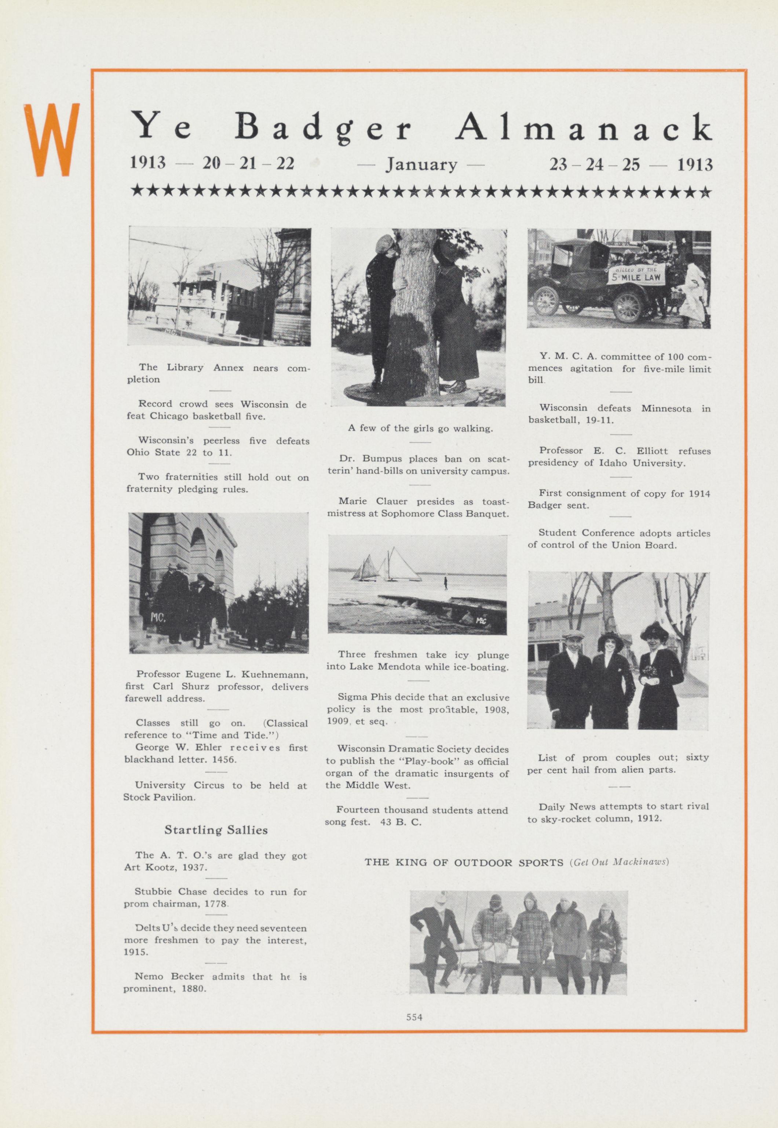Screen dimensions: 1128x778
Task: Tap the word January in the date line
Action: pos(422,165)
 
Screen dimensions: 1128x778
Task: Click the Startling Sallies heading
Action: pos(216,830)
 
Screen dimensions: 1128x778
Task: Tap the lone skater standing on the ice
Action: pos(445,582)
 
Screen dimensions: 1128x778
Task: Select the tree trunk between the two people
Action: pos(418,317)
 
